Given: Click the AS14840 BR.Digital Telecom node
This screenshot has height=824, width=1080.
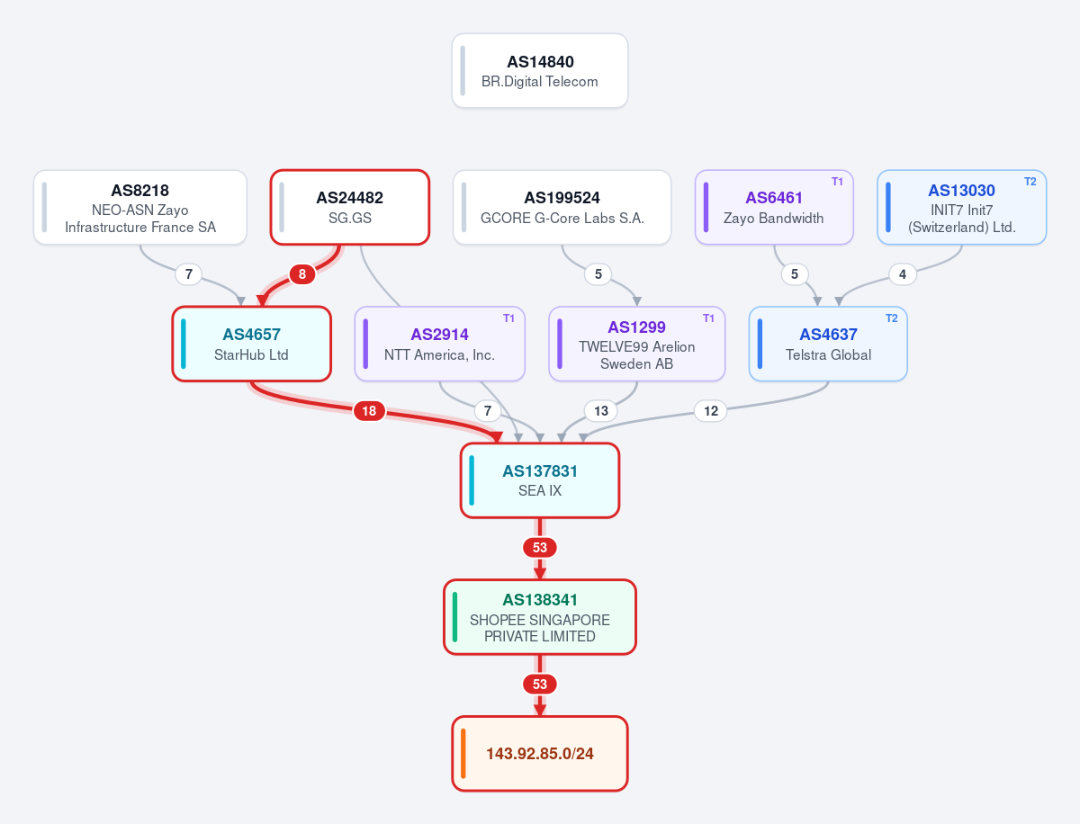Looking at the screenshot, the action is [x=540, y=71].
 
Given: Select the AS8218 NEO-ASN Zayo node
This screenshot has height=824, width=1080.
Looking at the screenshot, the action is [x=140, y=208].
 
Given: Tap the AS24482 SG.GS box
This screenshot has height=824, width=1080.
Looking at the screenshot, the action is [x=350, y=208].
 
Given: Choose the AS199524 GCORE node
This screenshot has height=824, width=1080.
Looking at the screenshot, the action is [x=562, y=208].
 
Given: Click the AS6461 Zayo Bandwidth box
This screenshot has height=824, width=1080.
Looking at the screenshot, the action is [x=774, y=208].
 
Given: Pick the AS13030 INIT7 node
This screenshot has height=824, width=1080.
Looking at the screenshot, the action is [x=961, y=208].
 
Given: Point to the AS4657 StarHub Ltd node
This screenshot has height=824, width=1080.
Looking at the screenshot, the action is [x=251, y=345].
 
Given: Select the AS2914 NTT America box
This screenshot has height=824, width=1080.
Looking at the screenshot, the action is [x=440, y=345].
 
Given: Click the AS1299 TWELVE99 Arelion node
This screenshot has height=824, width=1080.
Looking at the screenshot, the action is [x=636, y=345].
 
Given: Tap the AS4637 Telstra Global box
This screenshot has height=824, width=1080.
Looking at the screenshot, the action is [x=828, y=345].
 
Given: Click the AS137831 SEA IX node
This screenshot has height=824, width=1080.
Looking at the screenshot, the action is [x=540, y=481].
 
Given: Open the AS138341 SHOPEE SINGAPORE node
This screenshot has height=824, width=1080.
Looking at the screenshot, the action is [x=540, y=617].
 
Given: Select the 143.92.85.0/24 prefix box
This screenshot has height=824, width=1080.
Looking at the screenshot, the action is [x=540, y=754].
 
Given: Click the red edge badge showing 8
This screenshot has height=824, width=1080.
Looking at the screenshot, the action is [x=302, y=274].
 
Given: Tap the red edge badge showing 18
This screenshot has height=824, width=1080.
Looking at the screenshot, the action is [x=369, y=411].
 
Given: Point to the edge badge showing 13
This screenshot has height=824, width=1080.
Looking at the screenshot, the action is [x=601, y=411].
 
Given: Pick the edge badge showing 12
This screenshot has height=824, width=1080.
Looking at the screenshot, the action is [x=710, y=411].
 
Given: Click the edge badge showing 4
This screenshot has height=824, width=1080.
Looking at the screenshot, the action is [x=903, y=274].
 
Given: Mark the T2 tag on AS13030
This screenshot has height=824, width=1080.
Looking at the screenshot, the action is [x=1030, y=182].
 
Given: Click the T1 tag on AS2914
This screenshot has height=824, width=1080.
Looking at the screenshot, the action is [x=508, y=318].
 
